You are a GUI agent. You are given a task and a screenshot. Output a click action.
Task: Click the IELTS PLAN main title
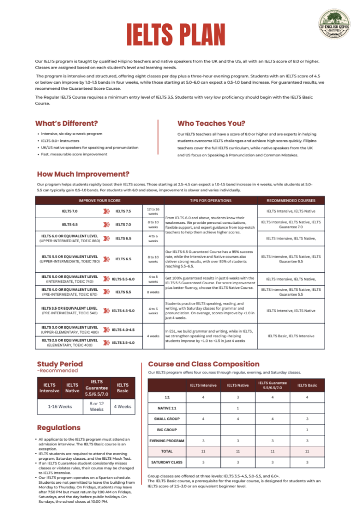(179, 35)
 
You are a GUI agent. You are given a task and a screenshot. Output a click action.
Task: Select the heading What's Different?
(66, 124)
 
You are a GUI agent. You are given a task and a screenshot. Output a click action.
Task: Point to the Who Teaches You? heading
(211, 124)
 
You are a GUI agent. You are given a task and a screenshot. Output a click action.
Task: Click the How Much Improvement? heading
(83, 174)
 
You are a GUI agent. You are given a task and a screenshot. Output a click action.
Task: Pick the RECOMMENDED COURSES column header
(291, 200)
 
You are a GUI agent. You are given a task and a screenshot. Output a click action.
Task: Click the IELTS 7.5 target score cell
(123, 211)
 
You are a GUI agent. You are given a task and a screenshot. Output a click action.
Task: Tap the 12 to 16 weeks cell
(153, 211)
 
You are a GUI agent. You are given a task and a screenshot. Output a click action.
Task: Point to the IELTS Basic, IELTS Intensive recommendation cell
(291, 336)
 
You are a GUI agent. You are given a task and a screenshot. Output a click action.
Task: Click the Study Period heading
(60, 364)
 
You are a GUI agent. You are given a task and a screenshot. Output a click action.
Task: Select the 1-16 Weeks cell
(59, 406)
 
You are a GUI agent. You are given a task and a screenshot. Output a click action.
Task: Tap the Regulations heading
(59, 428)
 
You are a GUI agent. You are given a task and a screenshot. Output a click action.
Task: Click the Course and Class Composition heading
(204, 364)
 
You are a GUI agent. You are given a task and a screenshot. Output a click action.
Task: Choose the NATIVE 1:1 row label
(167, 408)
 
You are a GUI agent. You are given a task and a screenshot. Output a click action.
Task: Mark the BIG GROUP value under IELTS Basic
(308, 430)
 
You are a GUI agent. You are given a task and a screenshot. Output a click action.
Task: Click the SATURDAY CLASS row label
(167, 462)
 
